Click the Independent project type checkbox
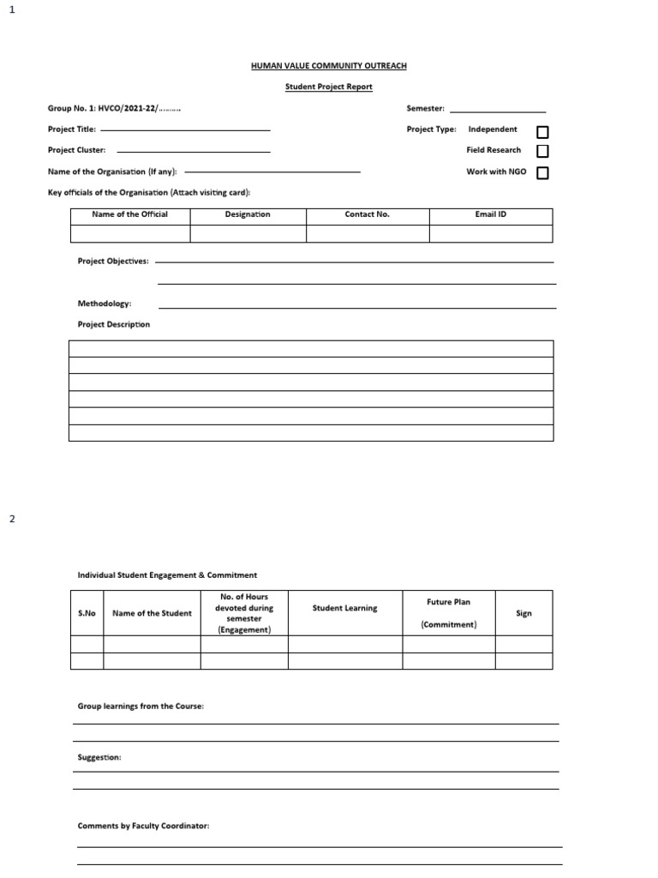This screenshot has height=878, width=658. click(x=542, y=132)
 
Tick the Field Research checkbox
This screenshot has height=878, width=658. click(x=542, y=152)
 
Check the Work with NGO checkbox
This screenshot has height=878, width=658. click(x=542, y=173)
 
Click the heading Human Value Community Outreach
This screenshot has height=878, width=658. click(x=329, y=66)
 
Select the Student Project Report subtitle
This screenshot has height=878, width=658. click(x=329, y=87)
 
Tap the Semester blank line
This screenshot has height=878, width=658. click(x=497, y=111)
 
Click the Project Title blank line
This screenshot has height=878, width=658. click(x=185, y=130)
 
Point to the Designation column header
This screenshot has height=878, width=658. click(x=248, y=214)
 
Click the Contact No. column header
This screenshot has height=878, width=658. click(x=367, y=214)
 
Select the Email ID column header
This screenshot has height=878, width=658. click(x=490, y=214)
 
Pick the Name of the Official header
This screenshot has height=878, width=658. click(x=129, y=214)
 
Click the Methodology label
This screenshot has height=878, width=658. click(x=105, y=304)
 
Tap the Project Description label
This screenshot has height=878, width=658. click(x=114, y=324)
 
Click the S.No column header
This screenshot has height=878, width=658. click(x=87, y=613)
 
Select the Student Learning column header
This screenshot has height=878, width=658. click(x=344, y=608)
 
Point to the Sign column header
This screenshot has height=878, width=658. click(x=523, y=613)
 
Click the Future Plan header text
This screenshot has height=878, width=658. click(x=449, y=602)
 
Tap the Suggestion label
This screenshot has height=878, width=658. click(x=99, y=758)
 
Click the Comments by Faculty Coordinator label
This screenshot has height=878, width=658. click(x=143, y=826)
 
